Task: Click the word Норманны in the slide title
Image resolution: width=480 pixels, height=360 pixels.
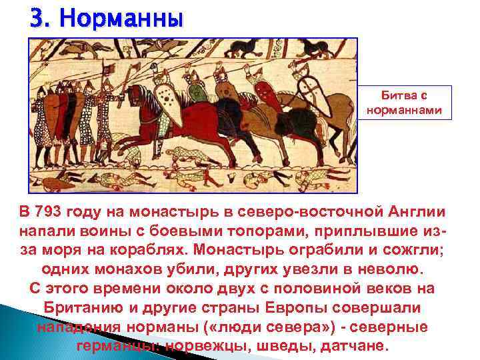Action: point(121,18)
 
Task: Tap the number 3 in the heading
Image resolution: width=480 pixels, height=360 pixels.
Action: point(37,18)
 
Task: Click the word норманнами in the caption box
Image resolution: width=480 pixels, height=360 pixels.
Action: point(405,108)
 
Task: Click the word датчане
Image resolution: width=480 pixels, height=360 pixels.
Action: point(349,347)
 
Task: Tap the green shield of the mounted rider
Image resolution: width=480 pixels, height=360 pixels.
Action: point(195,93)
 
